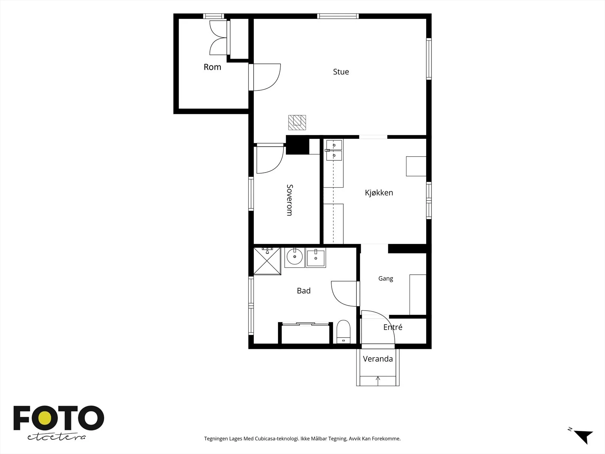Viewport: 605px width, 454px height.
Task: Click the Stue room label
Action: click(x=341, y=72)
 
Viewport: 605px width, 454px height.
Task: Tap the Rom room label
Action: click(x=212, y=67)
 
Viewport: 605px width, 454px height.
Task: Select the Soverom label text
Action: click(x=289, y=200)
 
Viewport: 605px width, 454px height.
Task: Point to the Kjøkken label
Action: click(x=379, y=193)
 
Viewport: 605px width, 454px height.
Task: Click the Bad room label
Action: click(x=304, y=291)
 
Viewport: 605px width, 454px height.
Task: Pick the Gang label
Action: click(x=386, y=279)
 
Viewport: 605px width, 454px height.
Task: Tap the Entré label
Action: click(x=393, y=327)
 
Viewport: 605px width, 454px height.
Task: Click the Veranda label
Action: click(x=378, y=359)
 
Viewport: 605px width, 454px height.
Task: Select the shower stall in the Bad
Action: click(x=267, y=261)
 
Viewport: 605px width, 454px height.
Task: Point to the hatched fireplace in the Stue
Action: click(x=297, y=122)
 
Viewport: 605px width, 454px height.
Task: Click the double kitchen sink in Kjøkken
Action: click(x=334, y=150)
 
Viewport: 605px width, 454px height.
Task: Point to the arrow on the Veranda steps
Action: click(x=378, y=381)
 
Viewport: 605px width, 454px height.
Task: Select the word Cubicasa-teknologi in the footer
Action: click(x=277, y=438)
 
